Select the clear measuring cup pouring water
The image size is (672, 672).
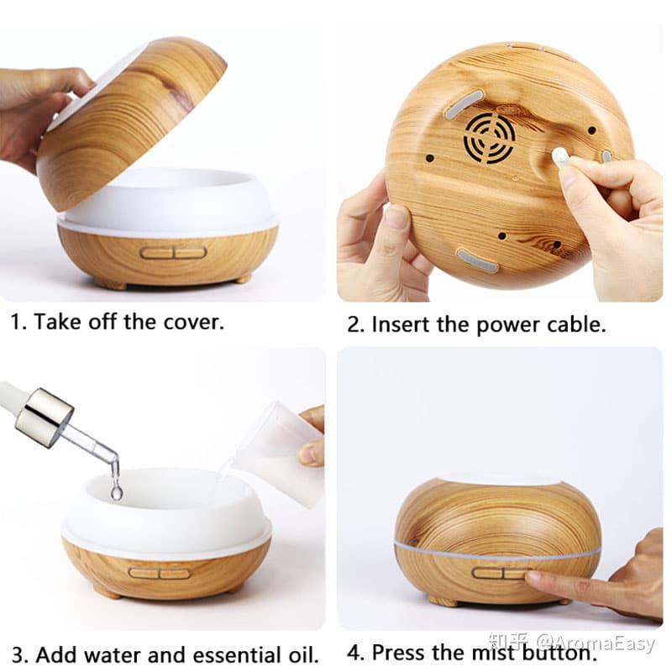277,454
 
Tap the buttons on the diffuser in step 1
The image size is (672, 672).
173,252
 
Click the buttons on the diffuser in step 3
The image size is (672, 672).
160,573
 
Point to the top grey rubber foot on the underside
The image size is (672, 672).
463,103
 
